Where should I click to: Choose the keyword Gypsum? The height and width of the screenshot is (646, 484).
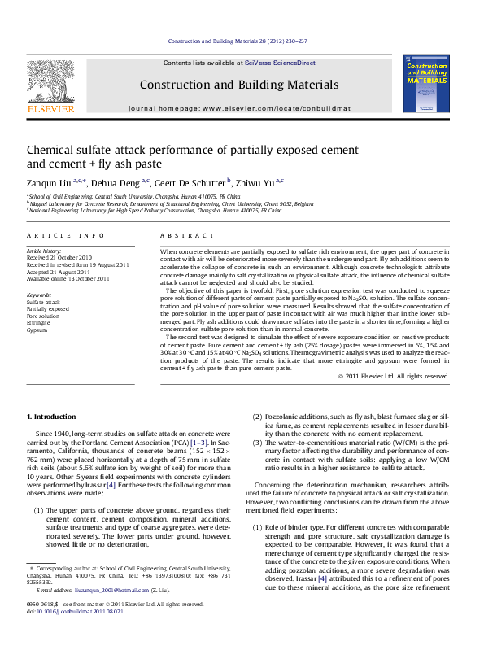tap(36, 330)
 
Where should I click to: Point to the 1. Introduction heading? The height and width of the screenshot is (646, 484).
tap(52, 417)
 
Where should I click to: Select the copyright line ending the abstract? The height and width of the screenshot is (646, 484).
tap(394, 376)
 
